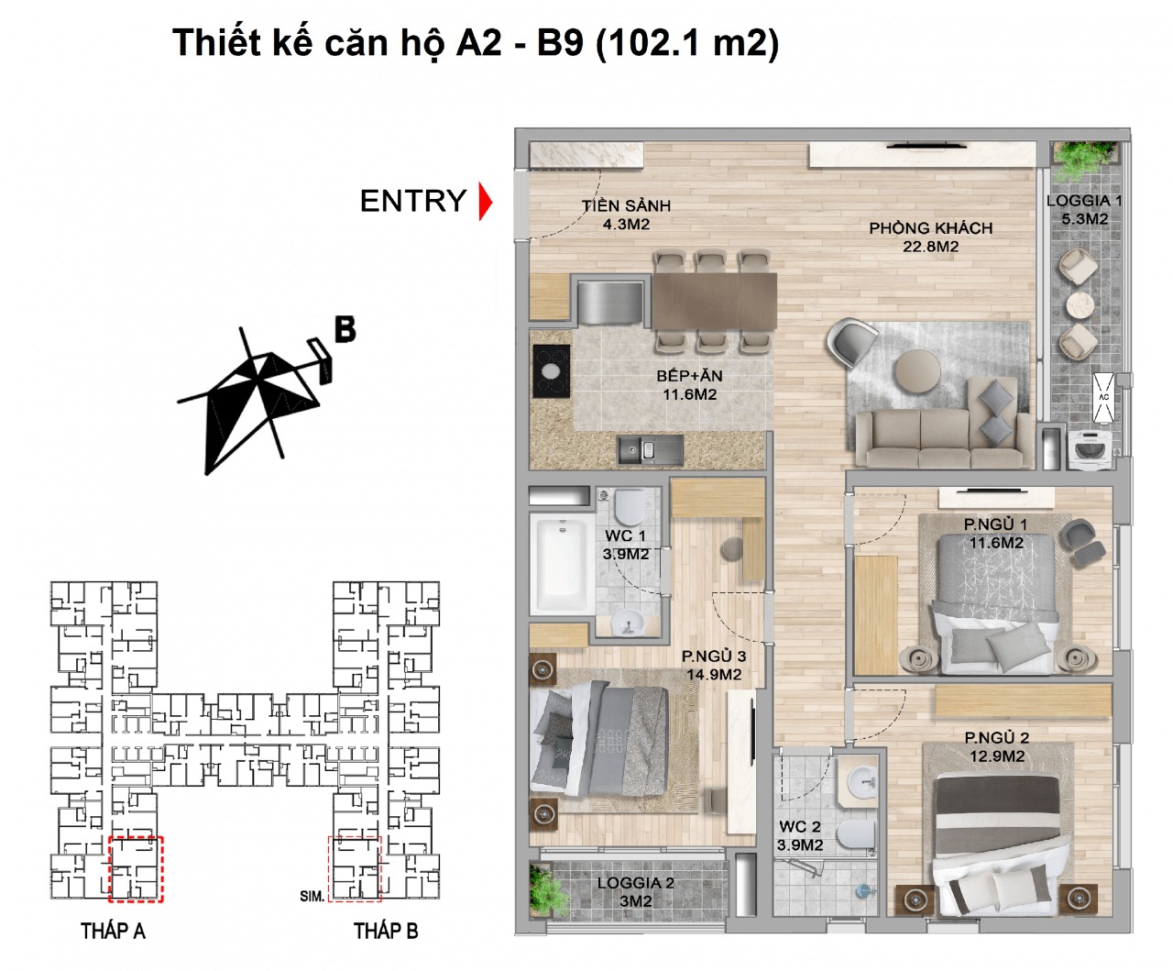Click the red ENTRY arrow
tap(486, 202)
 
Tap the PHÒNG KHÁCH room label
tap(930, 237)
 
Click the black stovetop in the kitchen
tap(552, 371)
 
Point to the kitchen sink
tap(649, 449)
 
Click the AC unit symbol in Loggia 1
tap(1103, 397)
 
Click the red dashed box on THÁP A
tap(136, 867)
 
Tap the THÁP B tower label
tap(386, 932)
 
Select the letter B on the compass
tap(345, 328)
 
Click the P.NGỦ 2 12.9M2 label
tap(997, 747)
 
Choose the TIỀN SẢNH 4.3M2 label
tap(626, 215)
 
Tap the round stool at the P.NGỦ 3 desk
tap(732, 548)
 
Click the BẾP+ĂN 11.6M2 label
tap(689, 385)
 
